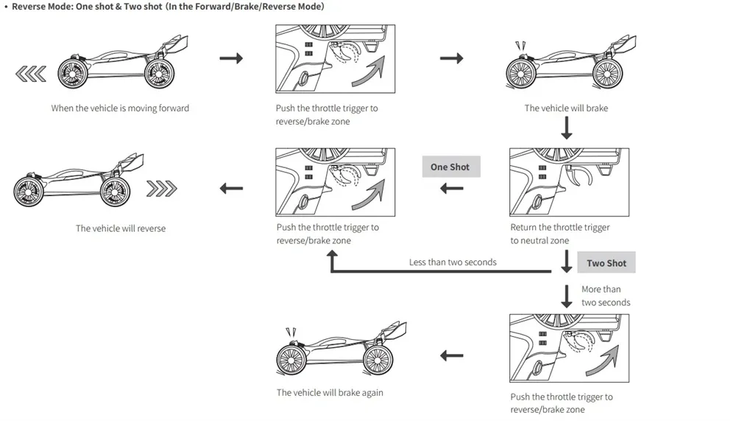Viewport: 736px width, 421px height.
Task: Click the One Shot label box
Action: pyautogui.click(x=451, y=167)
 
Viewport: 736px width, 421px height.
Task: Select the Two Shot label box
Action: pyautogui.click(x=606, y=262)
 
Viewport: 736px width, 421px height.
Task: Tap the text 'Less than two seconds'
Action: pyautogui.click(x=453, y=262)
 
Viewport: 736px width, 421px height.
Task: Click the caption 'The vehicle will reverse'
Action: pyautogui.click(x=121, y=228)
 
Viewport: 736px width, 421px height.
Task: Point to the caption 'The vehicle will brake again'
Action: pyautogui.click(x=330, y=392)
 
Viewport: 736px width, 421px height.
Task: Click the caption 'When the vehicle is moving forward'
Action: pyautogui.click(x=120, y=108)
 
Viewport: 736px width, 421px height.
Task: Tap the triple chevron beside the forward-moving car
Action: pyautogui.click(x=31, y=74)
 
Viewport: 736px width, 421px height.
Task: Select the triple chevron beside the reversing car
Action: pyautogui.click(x=161, y=189)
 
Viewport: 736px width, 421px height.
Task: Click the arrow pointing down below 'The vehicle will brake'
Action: pyautogui.click(x=567, y=128)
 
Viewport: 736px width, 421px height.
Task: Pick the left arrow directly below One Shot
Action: pyautogui.click(x=452, y=189)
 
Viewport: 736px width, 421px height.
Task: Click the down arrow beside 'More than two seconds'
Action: pyautogui.click(x=567, y=296)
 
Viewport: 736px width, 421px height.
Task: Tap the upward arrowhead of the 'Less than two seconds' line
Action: pyautogui.click(x=333, y=254)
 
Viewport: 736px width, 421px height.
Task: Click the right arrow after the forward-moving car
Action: pyautogui.click(x=231, y=58)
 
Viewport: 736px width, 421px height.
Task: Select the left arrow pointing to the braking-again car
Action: pyautogui.click(x=452, y=355)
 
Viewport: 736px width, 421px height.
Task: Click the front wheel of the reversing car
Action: pyautogui.click(x=29, y=191)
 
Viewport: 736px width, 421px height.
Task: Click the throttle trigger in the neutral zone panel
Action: pyautogui.click(x=580, y=175)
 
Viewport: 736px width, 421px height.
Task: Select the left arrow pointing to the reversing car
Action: pyautogui.click(x=231, y=189)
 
